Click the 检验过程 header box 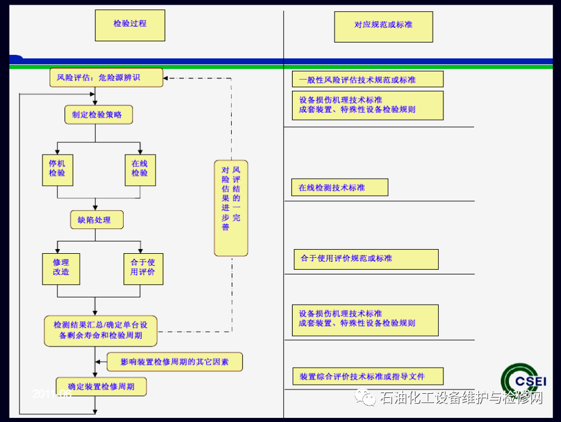pyautogui.click(x=130, y=25)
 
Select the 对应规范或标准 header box pyautogui.click(x=383, y=26)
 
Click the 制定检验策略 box pyautogui.click(x=98, y=115)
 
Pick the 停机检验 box pyautogui.click(x=57, y=169)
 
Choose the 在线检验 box pyautogui.click(x=140, y=169)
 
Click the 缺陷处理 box pyautogui.click(x=98, y=220)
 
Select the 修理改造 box pyautogui.click(x=61, y=269)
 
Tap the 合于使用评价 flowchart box pyautogui.click(x=143, y=269)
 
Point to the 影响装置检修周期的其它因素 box pyautogui.click(x=174, y=361)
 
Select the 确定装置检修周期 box pyautogui.click(x=101, y=387)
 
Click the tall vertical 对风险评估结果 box pyautogui.click(x=231, y=208)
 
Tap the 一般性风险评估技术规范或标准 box pyautogui.click(x=367, y=79)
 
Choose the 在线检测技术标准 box pyautogui.click(x=339, y=187)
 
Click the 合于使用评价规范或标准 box pyautogui.click(x=366, y=259)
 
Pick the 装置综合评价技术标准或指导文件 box pyautogui.click(x=367, y=376)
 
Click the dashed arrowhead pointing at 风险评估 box pyautogui.click(x=166, y=78)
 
